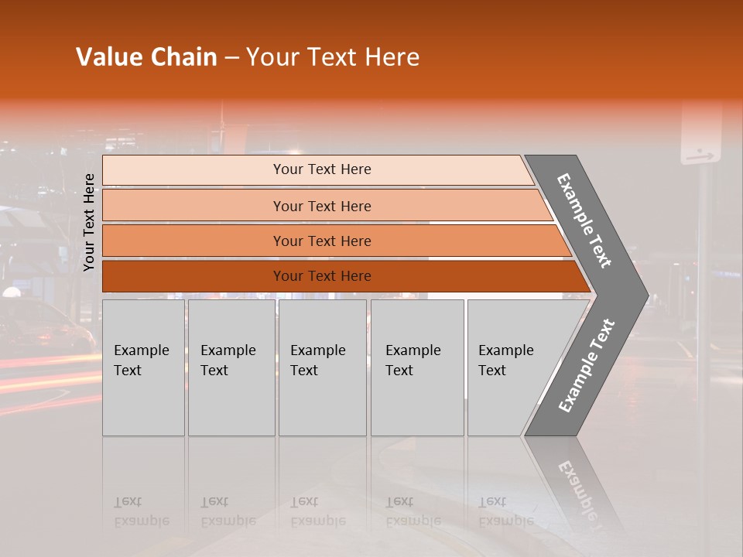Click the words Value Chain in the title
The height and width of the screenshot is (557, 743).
[146, 57]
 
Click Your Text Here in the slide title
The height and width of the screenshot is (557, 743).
[333, 57]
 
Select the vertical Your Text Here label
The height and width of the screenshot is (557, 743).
[89, 222]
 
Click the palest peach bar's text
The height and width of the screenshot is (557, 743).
[322, 169]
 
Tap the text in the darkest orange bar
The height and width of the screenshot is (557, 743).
[322, 276]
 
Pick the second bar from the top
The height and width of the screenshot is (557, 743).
[322, 206]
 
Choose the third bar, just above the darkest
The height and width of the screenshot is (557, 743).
[322, 241]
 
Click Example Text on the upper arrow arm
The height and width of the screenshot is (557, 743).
[584, 220]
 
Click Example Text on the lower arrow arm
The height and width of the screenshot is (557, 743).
[586, 366]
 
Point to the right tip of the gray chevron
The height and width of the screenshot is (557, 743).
[646, 295]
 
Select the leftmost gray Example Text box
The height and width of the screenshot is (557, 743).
[143, 367]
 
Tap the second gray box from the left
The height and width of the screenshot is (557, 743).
[231, 367]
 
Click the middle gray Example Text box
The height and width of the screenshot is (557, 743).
[322, 367]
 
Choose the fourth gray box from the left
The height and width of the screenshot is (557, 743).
[416, 367]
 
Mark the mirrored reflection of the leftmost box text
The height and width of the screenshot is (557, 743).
[141, 511]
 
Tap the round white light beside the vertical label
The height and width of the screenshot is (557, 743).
[12, 292]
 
